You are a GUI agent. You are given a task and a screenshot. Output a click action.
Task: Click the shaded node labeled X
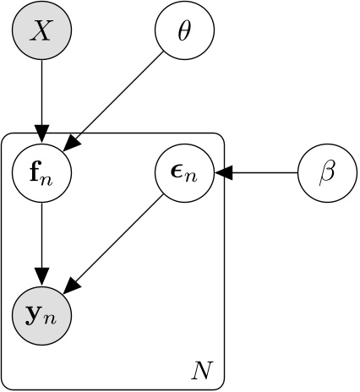coord(41,31)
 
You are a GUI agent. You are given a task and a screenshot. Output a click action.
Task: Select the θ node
coord(184,31)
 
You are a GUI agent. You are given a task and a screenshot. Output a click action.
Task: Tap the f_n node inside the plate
coord(41,174)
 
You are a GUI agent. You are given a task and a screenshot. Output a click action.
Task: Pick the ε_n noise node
coord(184,174)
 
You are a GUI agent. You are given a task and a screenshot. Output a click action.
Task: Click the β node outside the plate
coord(328,174)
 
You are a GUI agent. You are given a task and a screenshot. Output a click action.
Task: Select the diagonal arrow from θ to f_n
coord(118,97)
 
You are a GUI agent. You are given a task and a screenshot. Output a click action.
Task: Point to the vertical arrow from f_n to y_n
coord(41,241)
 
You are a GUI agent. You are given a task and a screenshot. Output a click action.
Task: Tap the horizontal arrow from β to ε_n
coord(262,174)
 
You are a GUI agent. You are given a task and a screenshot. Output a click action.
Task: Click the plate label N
coord(201,370)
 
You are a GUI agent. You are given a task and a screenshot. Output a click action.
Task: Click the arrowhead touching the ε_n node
coord(221,174)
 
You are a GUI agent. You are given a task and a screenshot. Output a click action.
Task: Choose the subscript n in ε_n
coord(194,179)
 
